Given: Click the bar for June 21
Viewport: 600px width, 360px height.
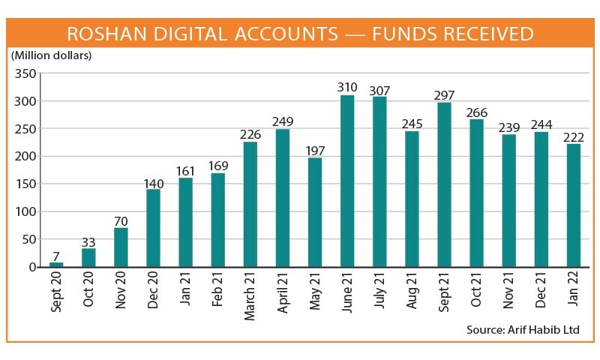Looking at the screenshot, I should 347,181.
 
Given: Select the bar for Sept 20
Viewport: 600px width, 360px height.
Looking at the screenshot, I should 57,264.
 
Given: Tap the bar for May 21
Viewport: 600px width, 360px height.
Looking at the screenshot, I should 315,212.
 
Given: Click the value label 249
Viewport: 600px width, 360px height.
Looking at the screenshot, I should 283,121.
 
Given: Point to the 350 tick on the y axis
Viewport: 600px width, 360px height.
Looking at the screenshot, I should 25,73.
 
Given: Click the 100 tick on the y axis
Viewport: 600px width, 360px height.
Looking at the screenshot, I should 25,211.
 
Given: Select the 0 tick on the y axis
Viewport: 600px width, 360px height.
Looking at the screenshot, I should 32,267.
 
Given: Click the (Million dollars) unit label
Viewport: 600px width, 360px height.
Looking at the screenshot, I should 51,55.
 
